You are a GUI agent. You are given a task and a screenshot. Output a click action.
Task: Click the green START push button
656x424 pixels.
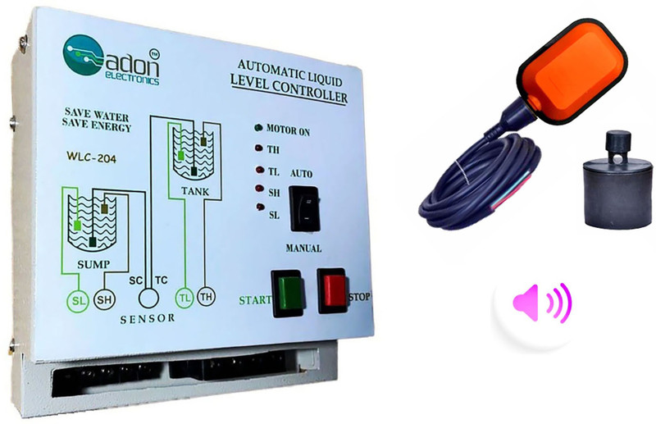[289, 291]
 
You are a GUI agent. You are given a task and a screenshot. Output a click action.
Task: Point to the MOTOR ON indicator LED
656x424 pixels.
[258, 129]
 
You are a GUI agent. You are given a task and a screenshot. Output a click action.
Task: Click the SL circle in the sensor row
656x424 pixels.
[77, 301]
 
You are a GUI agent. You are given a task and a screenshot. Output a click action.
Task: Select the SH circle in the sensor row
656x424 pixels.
[105, 301]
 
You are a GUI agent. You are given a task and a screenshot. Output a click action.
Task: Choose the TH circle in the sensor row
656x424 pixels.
[206, 298]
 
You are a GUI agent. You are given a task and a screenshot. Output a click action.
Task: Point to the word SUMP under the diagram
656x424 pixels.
[91, 265]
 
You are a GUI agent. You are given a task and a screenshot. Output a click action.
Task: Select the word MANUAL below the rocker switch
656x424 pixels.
[303, 248]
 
